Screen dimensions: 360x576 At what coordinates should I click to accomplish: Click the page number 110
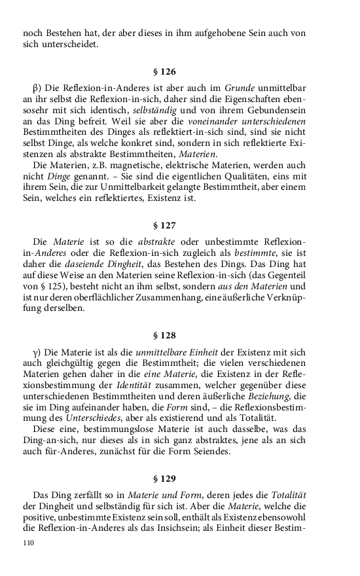click(x=28, y=543)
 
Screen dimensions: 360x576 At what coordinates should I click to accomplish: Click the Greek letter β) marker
click(x=37, y=86)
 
